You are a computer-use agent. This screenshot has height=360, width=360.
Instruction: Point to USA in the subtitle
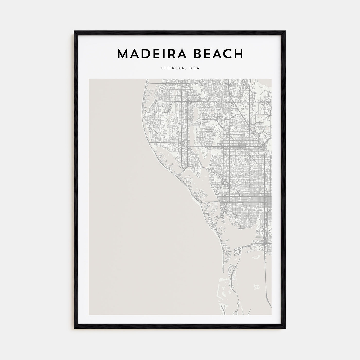pyautogui.click(x=194, y=68)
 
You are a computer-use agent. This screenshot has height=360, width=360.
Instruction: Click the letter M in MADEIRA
pyautogui.click(x=123, y=54)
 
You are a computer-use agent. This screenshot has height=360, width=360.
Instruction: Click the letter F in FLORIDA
pyautogui.click(x=162, y=68)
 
